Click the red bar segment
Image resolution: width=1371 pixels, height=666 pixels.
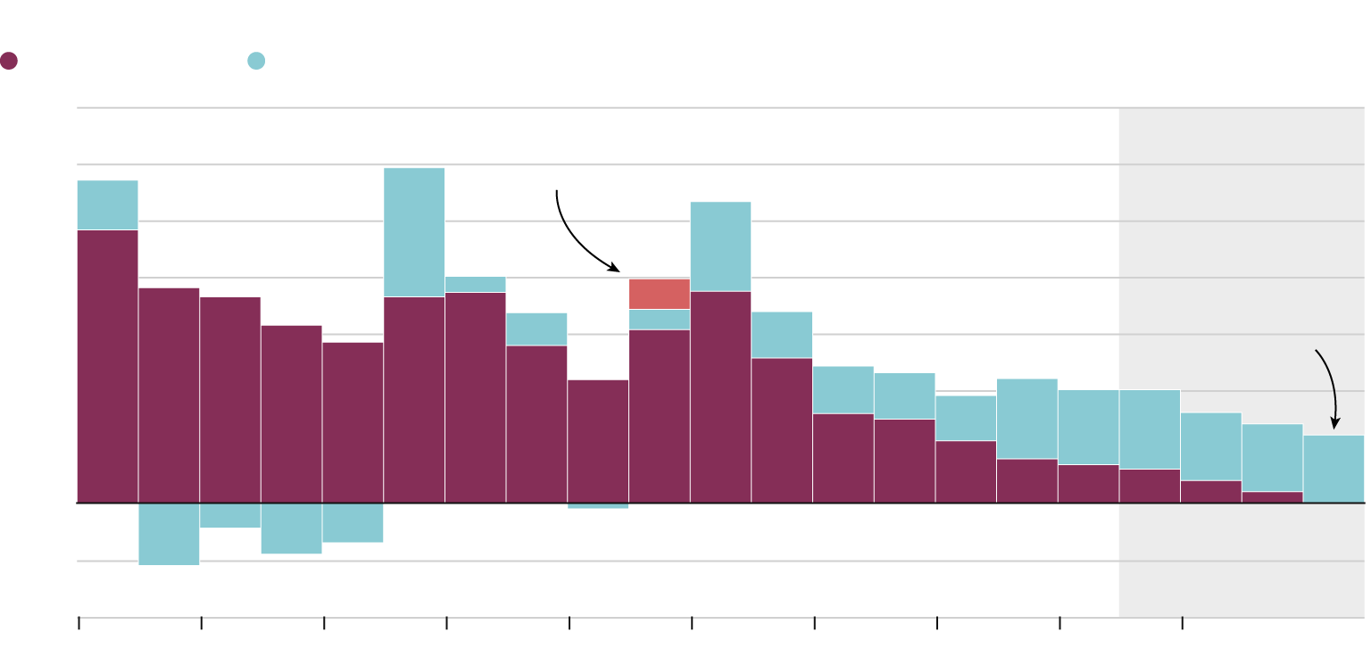pos(659,294)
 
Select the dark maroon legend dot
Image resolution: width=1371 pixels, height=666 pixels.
pos(9,61)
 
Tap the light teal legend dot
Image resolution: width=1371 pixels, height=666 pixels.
pos(256,61)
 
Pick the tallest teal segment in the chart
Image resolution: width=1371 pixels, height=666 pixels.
pos(414,232)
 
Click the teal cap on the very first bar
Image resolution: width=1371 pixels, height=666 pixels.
pos(107,205)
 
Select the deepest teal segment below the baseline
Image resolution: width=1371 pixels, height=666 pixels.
pos(169,534)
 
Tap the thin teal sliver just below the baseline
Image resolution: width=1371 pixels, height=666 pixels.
pos(598,506)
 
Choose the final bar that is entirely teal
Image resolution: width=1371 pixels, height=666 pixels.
pos(1334,469)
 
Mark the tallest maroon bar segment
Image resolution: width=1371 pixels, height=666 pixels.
pos(107,366)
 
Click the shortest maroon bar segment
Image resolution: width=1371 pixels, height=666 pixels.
pos(1272,497)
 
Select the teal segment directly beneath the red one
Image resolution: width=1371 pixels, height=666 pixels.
pos(659,320)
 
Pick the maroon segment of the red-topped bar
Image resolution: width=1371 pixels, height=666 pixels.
pos(659,416)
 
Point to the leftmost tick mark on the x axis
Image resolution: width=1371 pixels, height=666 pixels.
pos(79,622)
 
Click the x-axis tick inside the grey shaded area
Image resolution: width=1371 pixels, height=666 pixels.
pos(1183,622)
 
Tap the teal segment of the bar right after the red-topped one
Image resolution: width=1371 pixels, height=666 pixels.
pos(720,246)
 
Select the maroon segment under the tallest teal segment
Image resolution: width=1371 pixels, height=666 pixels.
pos(414,400)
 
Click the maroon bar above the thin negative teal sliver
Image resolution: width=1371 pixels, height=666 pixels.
pos(598,441)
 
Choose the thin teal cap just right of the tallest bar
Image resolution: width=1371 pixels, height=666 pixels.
pos(475,285)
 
